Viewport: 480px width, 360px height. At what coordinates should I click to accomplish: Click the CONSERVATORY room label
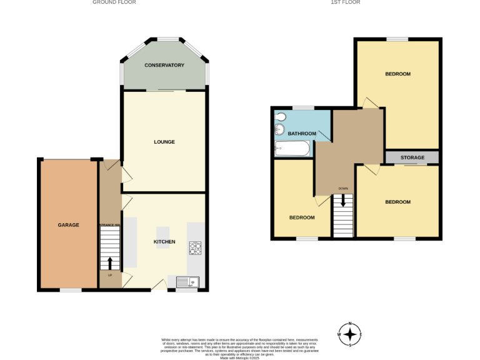[164, 65]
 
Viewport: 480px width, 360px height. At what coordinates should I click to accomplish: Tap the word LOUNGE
[164, 142]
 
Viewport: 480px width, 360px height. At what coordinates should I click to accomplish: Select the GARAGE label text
[69, 225]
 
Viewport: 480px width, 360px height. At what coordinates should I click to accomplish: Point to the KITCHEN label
[164, 242]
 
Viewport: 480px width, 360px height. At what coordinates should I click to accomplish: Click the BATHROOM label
[302, 133]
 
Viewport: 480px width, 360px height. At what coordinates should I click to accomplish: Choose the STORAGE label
[412, 157]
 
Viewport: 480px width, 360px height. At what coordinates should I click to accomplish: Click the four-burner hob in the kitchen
[194, 248]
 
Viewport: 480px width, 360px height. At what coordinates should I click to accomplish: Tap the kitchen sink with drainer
[187, 282]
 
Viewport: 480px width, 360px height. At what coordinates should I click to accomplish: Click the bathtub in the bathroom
[292, 149]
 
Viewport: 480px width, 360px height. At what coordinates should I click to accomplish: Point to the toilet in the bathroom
[279, 117]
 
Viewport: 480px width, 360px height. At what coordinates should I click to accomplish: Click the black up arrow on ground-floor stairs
[110, 262]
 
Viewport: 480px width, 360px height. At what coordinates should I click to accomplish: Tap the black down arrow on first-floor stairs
[342, 202]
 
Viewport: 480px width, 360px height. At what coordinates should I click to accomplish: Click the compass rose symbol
[350, 334]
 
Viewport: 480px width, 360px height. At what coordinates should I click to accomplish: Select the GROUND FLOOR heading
[114, 2]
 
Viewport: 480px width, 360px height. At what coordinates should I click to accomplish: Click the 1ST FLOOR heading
[346, 2]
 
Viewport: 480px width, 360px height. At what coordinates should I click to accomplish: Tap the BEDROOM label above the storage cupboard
[397, 74]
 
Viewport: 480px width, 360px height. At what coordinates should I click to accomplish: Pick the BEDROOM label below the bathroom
[302, 217]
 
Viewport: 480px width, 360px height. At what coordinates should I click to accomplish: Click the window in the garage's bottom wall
[70, 290]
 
